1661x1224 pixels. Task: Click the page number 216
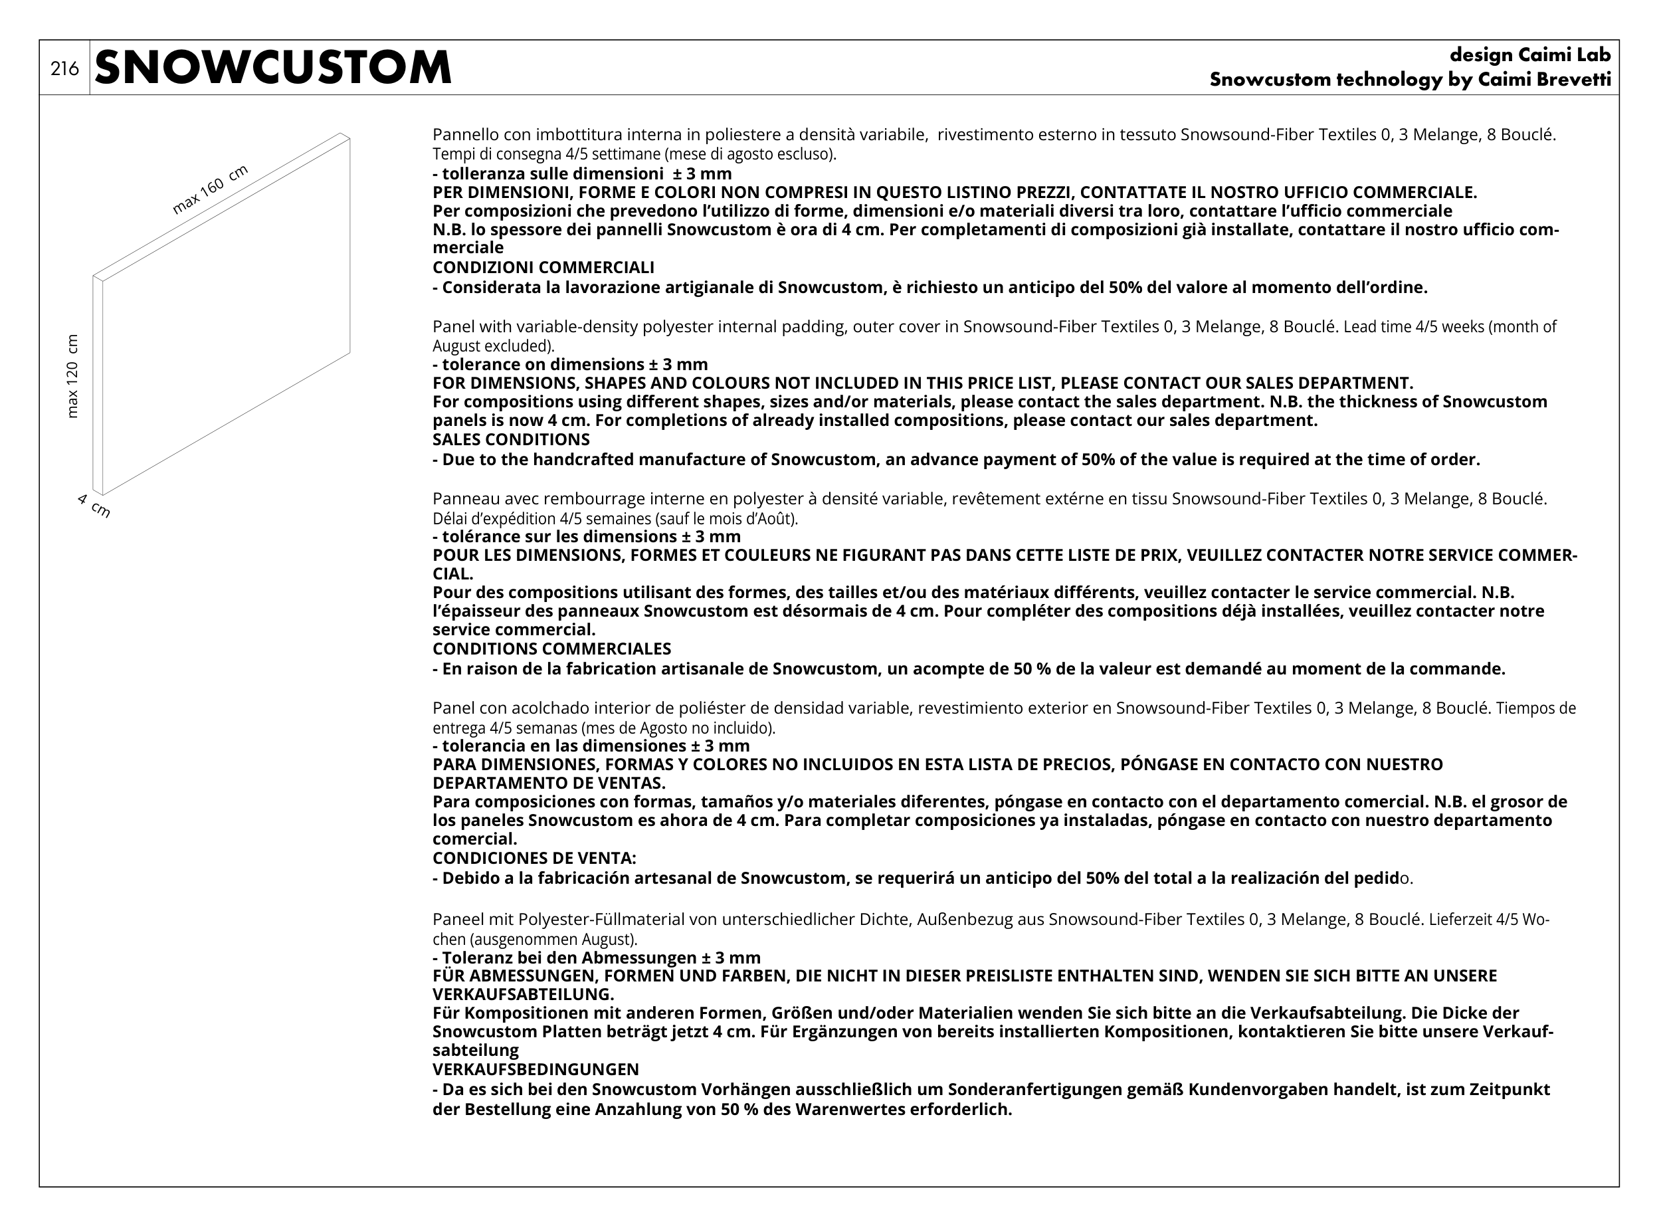(64, 69)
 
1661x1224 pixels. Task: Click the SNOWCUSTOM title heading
(272, 68)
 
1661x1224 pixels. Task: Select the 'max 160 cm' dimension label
(210, 191)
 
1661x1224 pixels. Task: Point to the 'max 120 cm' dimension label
(72, 375)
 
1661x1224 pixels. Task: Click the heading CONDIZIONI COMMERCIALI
(543, 268)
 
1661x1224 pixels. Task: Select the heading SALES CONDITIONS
(511, 439)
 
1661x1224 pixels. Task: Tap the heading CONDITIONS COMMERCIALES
(551, 649)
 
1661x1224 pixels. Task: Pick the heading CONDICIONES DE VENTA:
(534, 858)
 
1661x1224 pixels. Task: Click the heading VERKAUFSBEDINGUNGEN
(536, 1069)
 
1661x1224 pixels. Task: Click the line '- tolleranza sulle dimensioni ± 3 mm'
(581, 173)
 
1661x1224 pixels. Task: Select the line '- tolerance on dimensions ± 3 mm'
(569, 365)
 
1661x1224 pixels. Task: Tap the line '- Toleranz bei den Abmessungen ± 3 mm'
(597, 958)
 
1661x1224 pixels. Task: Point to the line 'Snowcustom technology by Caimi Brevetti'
(1410, 80)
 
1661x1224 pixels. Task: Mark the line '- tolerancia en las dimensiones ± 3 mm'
(591, 746)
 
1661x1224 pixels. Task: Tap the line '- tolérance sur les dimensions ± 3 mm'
(586, 536)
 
